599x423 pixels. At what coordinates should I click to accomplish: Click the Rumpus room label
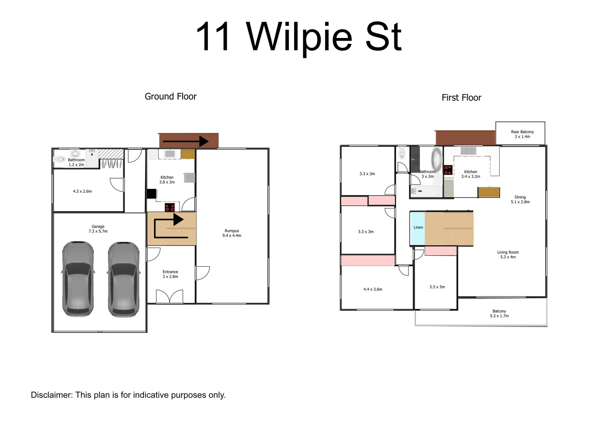[232, 233]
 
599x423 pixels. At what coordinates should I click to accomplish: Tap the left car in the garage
[78, 279]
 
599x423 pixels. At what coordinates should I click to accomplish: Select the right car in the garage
[123, 279]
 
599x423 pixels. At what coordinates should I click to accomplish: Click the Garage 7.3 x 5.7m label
[98, 229]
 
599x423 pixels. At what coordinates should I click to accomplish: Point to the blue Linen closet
[417, 228]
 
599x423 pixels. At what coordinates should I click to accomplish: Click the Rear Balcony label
[522, 134]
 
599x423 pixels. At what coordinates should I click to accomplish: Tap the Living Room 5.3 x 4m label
[508, 255]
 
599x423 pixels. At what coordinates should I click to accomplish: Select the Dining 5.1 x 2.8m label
[520, 199]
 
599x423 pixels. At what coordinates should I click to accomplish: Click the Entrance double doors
[169, 296]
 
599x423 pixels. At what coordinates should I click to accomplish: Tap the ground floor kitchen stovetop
[169, 207]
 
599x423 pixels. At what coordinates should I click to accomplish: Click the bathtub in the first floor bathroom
[425, 191]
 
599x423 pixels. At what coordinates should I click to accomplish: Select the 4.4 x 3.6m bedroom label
[373, 289]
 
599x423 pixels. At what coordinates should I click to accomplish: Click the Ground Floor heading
[171, 96]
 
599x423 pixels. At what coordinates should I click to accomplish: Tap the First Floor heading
[461, 98]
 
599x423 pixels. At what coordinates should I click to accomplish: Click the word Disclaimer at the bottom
[51, 395]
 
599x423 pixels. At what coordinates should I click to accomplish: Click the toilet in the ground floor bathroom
[60, 159]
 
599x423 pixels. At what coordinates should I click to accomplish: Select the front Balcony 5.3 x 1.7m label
[499, 313]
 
